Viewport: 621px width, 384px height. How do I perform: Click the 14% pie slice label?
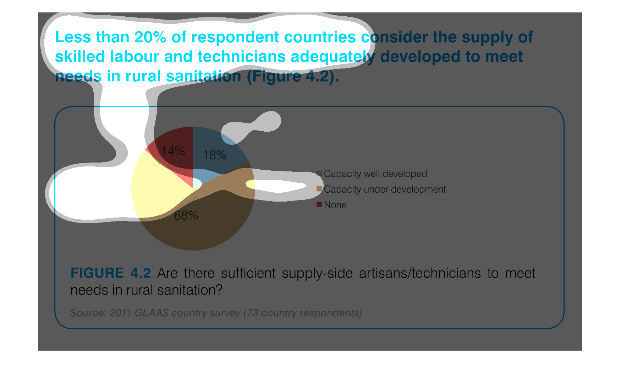coord(173,151)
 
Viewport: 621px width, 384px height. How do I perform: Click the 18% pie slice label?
coord(214,155)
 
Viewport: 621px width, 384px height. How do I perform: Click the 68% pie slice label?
coord(186,215)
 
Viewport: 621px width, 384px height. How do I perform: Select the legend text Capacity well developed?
coord(375,174)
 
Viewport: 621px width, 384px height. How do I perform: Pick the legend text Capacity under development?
coord(385,190)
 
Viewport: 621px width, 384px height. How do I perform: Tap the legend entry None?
coord(335,205)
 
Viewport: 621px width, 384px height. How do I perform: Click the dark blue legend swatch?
coord(319,173)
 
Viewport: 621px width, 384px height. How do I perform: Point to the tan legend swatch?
coord(319,189)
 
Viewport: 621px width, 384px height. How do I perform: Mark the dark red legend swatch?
coord(319,204)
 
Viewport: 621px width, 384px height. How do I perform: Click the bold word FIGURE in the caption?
coord(97,273)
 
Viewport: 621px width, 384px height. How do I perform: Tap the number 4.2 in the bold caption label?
coord(141,273)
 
